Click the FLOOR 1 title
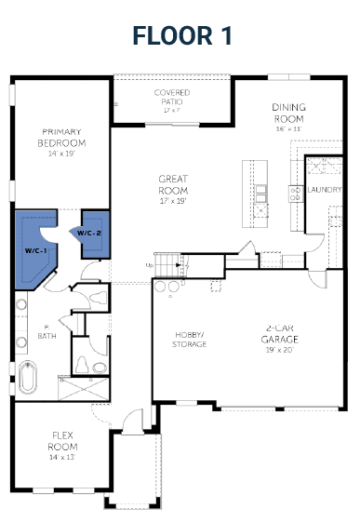click(x=181, y=35)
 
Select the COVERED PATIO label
click(x=172, y=97)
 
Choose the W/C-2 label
click(x=89, y=232)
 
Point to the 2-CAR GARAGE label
click(x=282, y=333)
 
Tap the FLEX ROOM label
click(x=62, y=441)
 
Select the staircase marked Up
click(x=168, y=265)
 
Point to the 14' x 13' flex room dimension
click(x=62, y=457)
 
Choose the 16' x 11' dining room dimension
click(x=288, y=128)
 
